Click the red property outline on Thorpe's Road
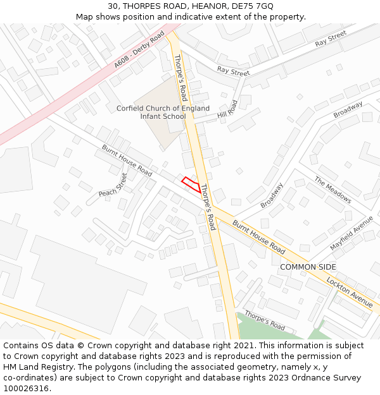(x=191, y=185)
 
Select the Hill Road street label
(x=227, y=110)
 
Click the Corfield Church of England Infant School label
(x=163, y=112)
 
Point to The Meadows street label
(x=332, y=190)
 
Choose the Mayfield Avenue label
(x=351, y=233)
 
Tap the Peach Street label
(x=113, y=184)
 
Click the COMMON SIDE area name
(x=308, y=267)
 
